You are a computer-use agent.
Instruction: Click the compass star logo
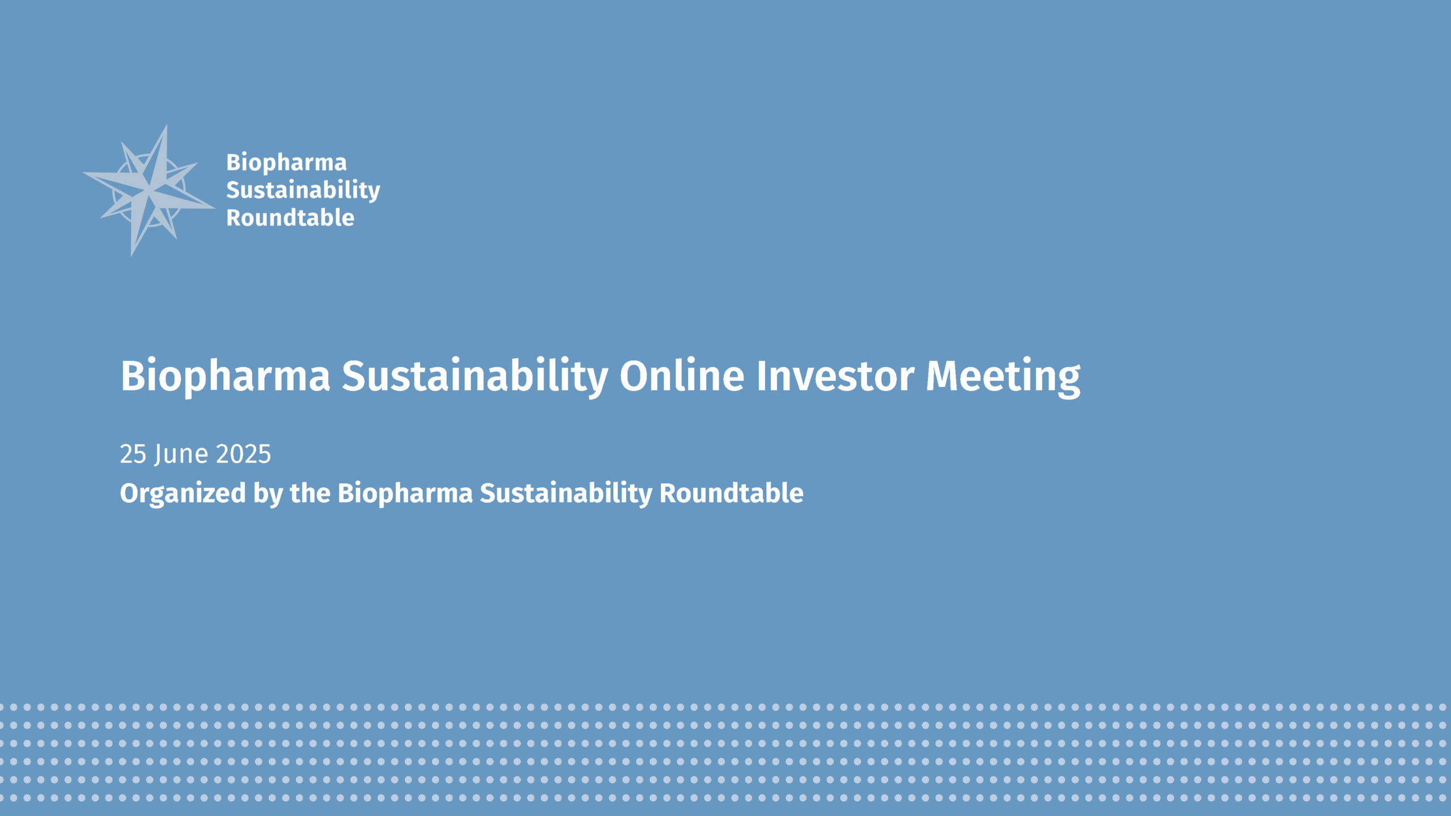(149, 189)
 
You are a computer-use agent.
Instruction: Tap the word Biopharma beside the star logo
(286, 163)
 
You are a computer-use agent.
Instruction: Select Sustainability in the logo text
(303, 190)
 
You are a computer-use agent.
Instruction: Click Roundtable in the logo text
(290, 218)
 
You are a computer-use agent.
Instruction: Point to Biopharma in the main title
(225, 376)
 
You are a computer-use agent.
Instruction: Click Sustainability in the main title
(474, 376)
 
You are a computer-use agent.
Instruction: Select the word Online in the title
(681, 375)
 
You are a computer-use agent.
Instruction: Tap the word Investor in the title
(835, 375)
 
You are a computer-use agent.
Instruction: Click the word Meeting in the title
(1003, 376)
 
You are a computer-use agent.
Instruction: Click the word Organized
(183, 493)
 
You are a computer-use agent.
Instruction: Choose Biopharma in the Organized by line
(405, 493)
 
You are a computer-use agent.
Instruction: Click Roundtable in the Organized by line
(731, 492)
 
